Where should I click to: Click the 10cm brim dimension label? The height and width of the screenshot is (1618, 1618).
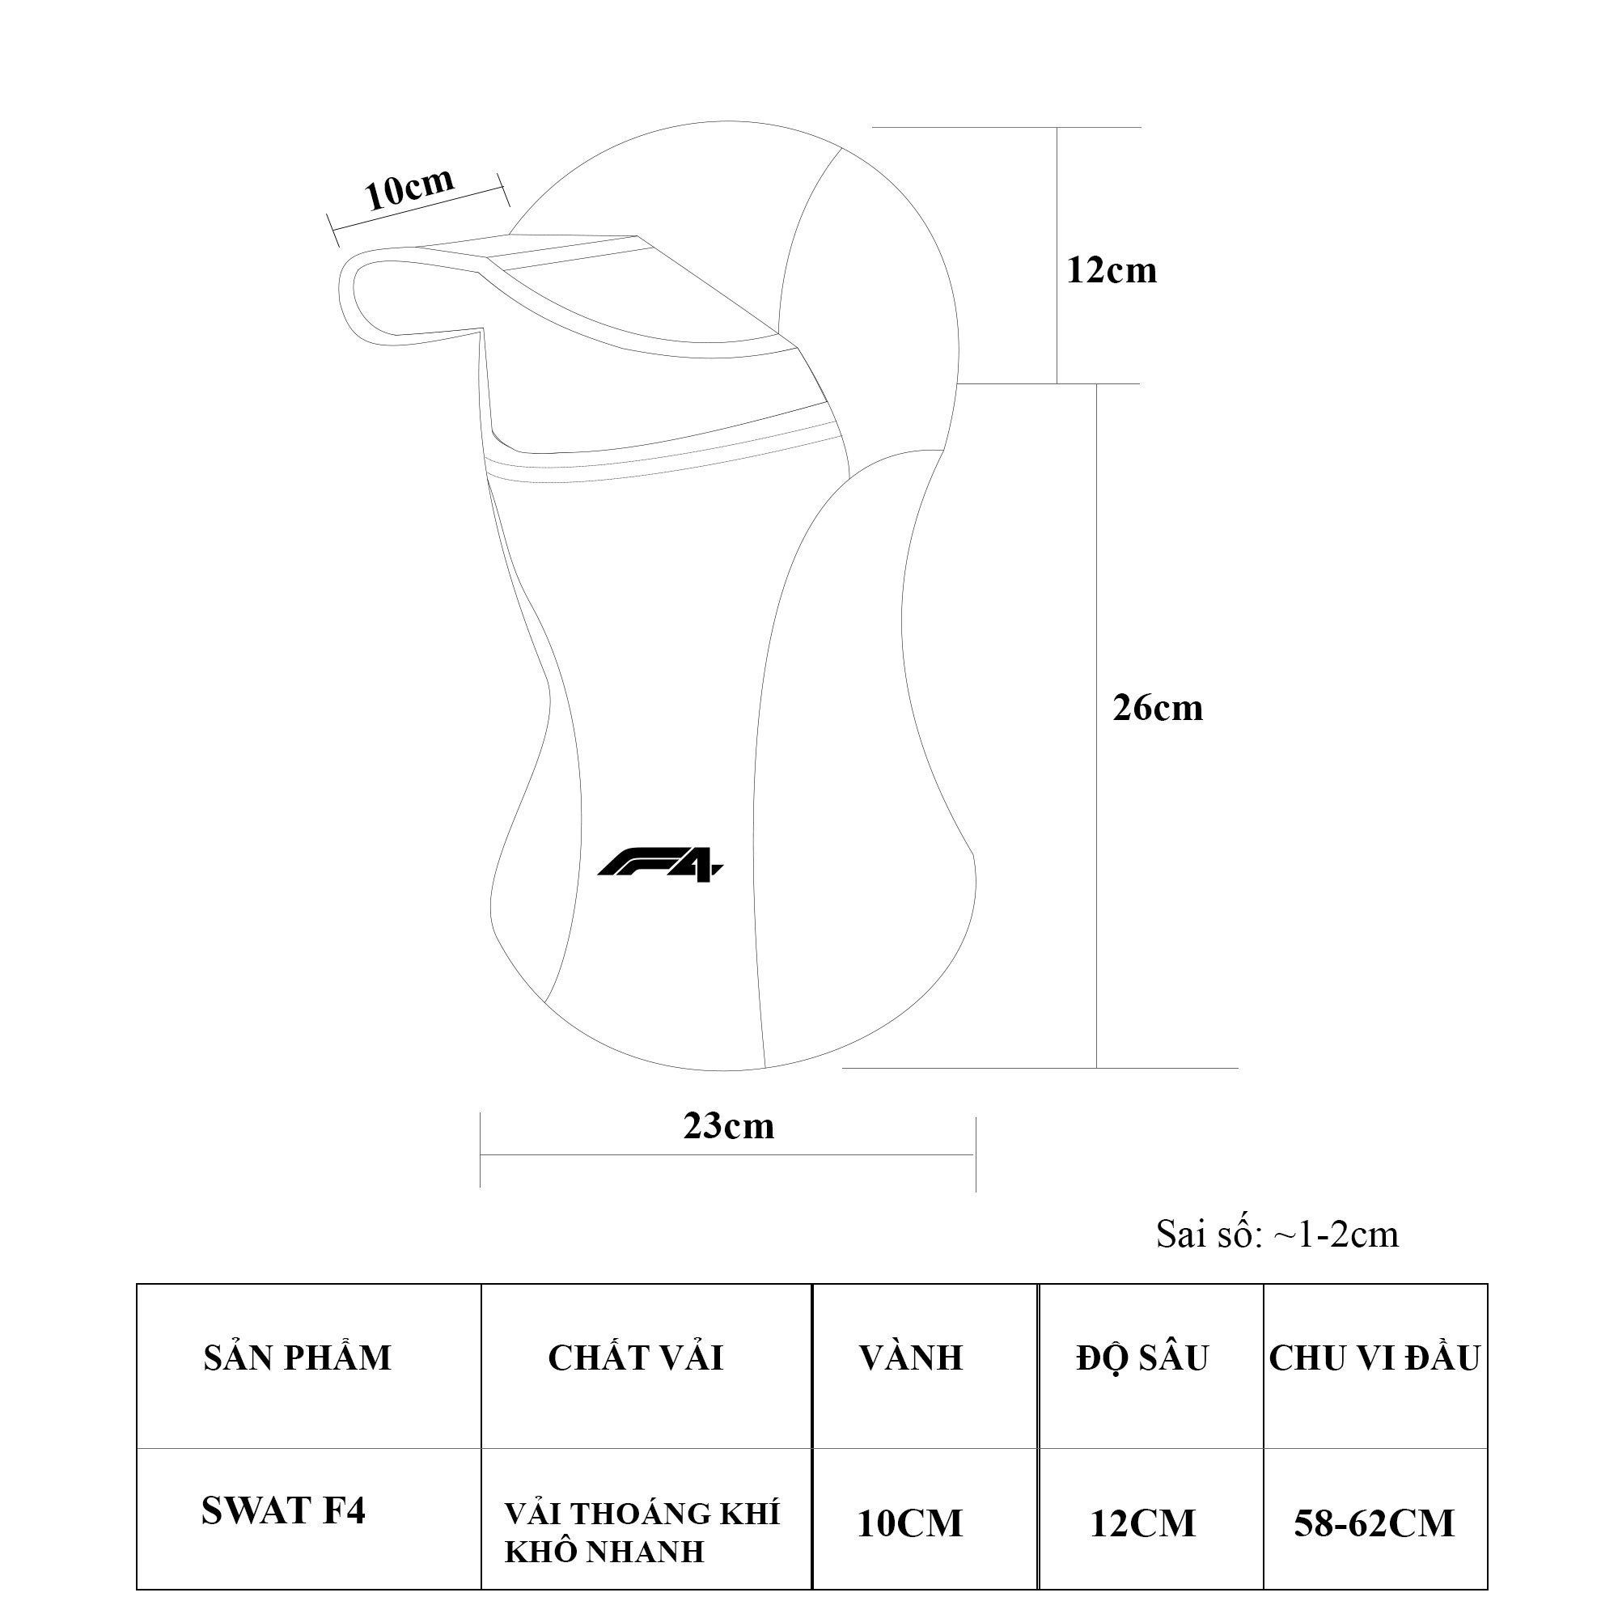(x=409, y=188)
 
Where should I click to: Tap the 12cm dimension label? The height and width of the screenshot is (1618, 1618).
(x=1112, y=270)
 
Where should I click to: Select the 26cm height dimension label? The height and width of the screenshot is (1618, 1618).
(x=1158, y=709)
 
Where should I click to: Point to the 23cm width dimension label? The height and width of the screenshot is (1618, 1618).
(x=729, y=1126)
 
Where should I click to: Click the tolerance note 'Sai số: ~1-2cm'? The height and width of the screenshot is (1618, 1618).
(x=1277, y=1235)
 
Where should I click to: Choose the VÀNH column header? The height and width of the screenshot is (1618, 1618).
(x=911, y=1357)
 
